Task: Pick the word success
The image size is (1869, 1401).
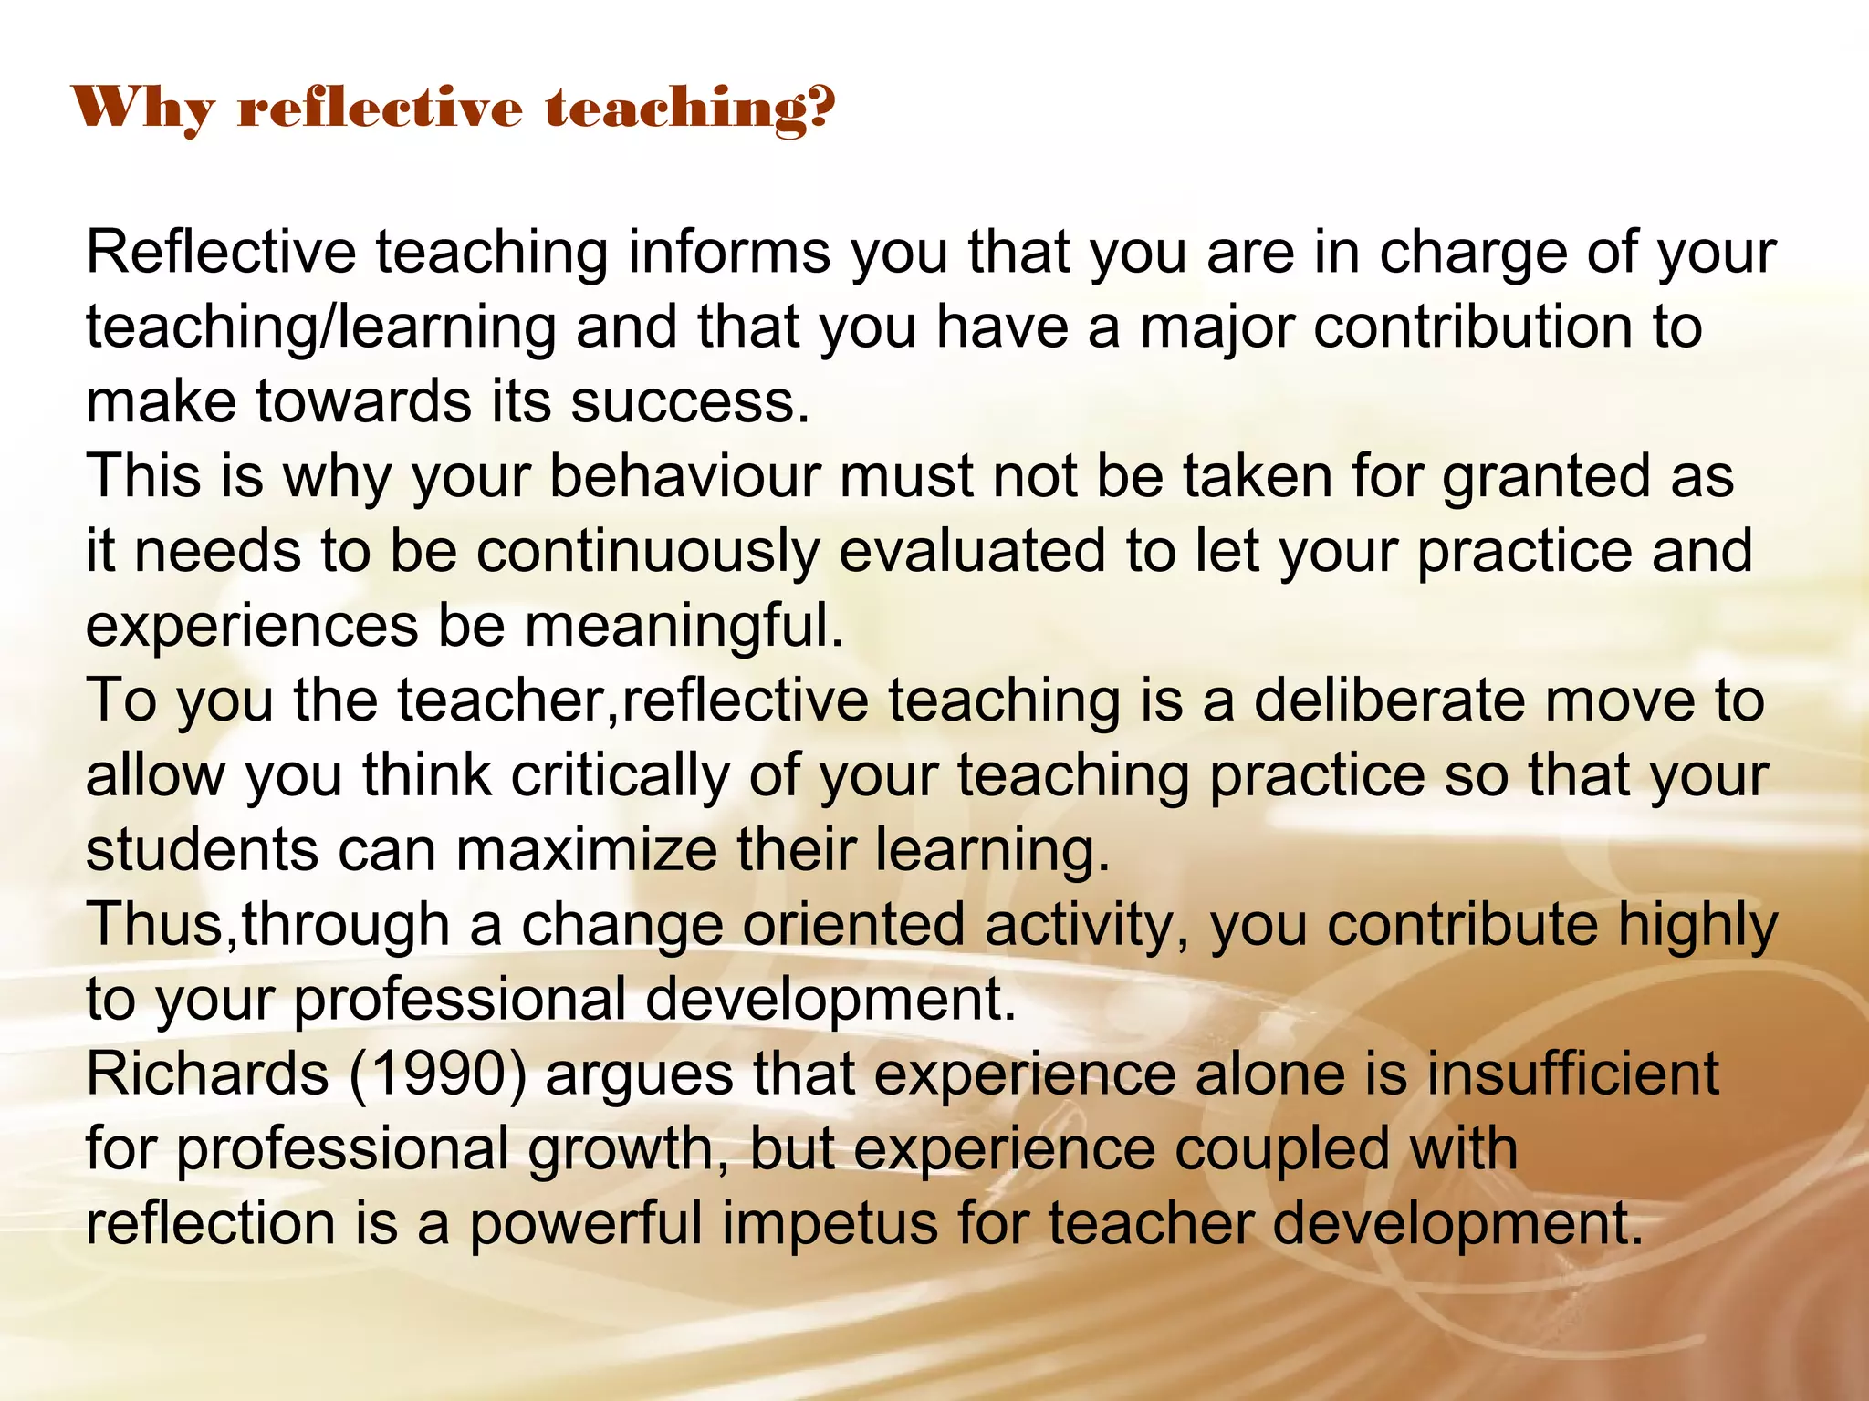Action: [x=689, y=402]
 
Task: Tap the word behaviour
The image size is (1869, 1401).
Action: [x=684, y=477]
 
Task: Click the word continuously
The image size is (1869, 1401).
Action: [x=647, y=553]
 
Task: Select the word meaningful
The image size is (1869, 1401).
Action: [x=684, y=628]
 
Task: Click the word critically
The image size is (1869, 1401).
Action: [x=620, y=777]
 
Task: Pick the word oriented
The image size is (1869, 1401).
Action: [x=853, y=926]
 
